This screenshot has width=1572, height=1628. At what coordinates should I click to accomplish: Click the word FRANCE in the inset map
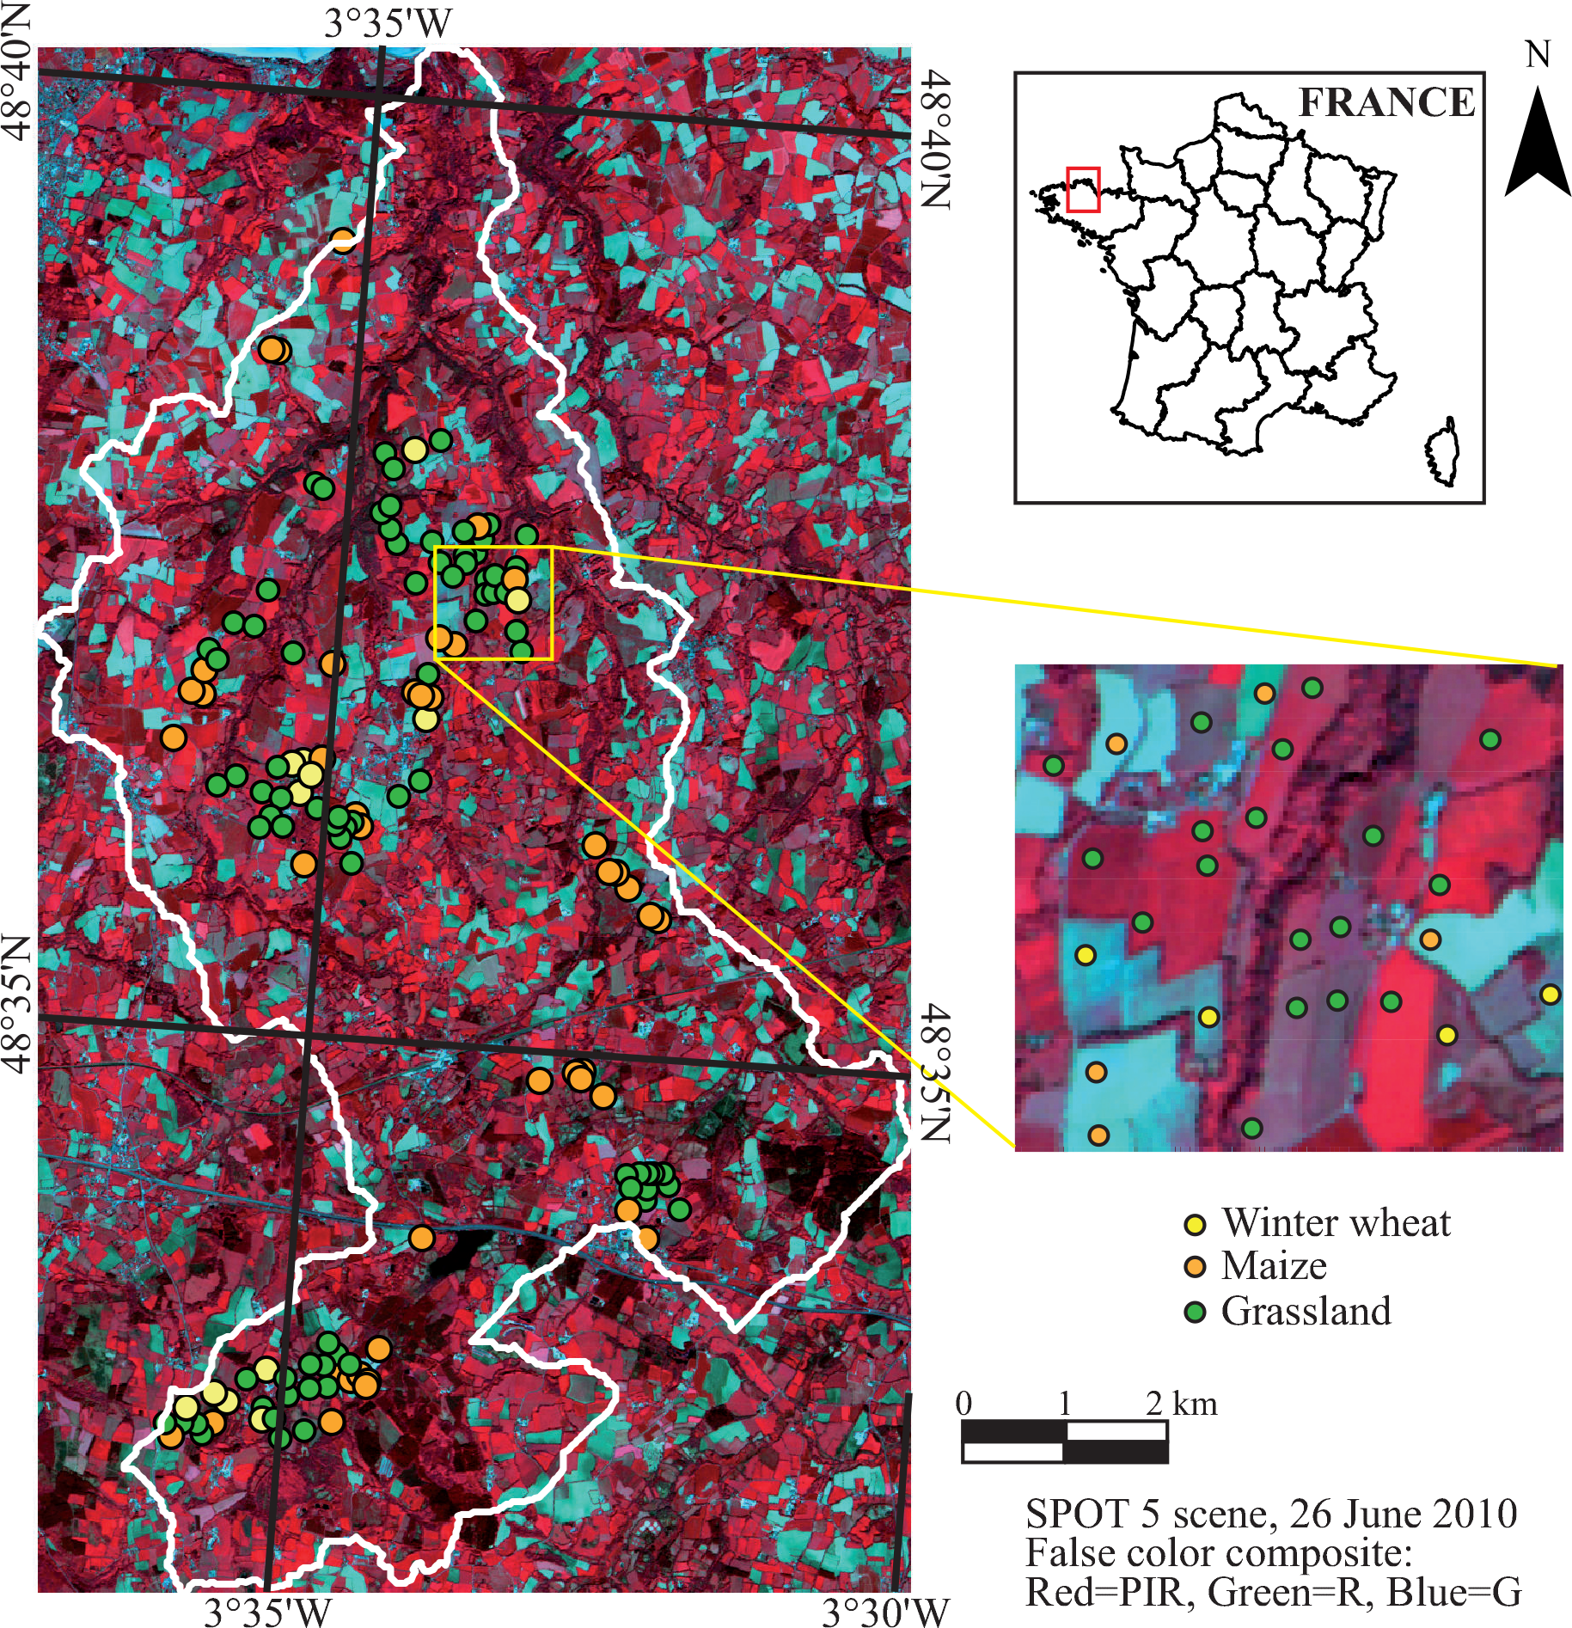click(1385, 102)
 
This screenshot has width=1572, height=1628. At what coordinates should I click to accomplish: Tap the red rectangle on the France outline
click(1083, 189)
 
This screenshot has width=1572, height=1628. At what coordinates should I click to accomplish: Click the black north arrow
click(1538, 146)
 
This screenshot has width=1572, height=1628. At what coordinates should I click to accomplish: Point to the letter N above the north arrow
click(1538, 55)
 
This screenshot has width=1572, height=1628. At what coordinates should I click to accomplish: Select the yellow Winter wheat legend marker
click(1195, 1223)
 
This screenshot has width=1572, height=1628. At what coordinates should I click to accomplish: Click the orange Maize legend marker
click(1195, 1267)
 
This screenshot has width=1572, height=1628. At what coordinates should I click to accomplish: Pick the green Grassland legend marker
click(1195, 1312)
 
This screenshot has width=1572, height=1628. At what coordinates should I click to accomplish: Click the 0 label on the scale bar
click(963, 1404)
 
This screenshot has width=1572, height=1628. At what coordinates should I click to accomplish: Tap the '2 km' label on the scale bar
click(1181, 1404)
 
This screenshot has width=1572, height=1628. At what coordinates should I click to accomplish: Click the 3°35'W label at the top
click(387, 23)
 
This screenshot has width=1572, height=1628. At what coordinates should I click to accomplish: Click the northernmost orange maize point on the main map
click(343, 239)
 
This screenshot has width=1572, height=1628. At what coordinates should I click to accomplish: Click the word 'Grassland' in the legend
click(1306, 1312)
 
